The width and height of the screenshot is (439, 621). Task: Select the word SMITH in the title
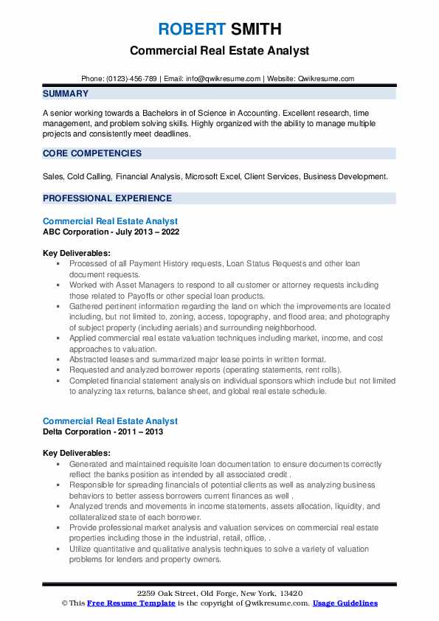(255, 30)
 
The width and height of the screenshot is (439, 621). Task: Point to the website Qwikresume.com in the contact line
(326, 78)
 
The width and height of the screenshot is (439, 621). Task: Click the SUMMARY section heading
(66, 94)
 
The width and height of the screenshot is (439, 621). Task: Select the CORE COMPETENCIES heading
(92, 153)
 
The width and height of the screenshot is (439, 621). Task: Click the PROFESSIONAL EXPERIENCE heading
(107, 198)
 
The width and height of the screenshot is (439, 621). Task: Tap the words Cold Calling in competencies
(87, 177)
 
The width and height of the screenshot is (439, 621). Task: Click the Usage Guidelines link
(345, 603)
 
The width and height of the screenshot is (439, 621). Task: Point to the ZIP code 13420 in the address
(287, 594)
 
